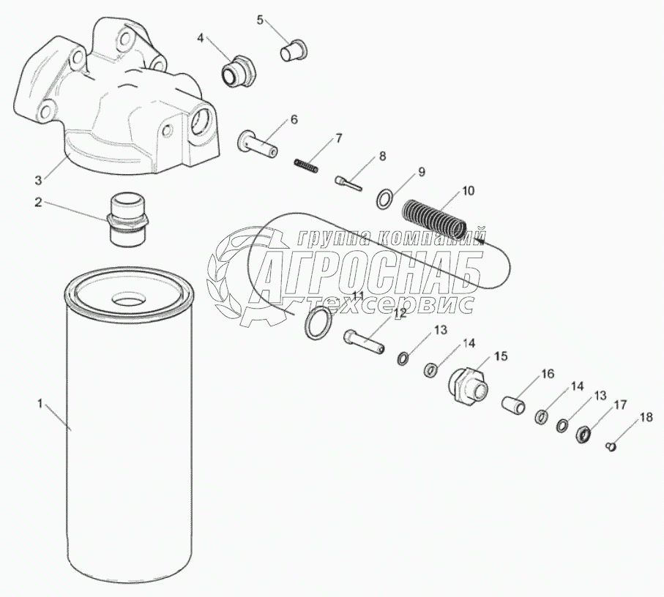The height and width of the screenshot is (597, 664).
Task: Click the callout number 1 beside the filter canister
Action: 40,404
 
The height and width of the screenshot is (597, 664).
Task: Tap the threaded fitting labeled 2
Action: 127,219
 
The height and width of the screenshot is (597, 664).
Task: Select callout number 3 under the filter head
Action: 39,180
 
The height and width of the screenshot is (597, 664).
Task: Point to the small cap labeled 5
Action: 294,50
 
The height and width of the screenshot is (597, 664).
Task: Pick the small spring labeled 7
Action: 306,165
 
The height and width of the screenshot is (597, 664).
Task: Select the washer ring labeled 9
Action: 384,199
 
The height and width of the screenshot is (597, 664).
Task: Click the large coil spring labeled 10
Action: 433,219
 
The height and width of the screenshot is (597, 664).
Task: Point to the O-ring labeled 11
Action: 318,323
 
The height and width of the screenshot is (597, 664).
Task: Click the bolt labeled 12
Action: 364,342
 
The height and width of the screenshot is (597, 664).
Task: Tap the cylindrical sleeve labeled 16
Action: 514,404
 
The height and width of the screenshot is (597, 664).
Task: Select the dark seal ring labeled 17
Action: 583,434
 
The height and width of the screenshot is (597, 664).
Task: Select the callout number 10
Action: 468,191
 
